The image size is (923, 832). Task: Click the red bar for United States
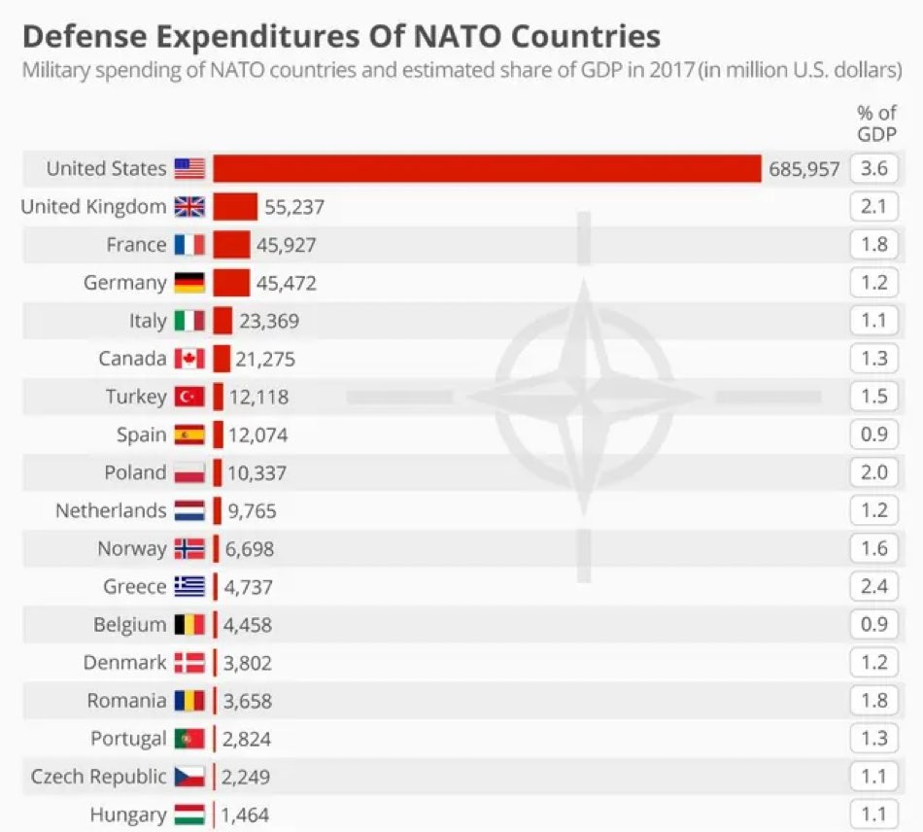[486, 168]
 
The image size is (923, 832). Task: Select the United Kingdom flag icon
[189, 206]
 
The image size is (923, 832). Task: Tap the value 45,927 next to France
[286, 245]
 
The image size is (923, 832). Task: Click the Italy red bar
[222, 321]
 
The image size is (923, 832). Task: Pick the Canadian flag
[189, 359]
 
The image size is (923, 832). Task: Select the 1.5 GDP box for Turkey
[874, 397]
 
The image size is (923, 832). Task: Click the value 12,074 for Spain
[257, 434]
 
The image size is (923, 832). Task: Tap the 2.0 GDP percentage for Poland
[874, 472]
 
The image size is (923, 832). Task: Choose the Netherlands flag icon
[189, 510]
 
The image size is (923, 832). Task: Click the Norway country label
[131, 549]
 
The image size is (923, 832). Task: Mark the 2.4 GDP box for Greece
[874, 587]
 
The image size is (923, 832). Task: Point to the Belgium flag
[189, 625]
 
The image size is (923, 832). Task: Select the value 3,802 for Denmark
[247, 663]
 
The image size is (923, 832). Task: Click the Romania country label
[126, 701]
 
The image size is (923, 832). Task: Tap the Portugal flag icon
[189, 739]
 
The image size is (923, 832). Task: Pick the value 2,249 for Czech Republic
[246, 777]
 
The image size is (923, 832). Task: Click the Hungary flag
[189, 815]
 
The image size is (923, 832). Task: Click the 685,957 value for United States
[803, 169]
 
